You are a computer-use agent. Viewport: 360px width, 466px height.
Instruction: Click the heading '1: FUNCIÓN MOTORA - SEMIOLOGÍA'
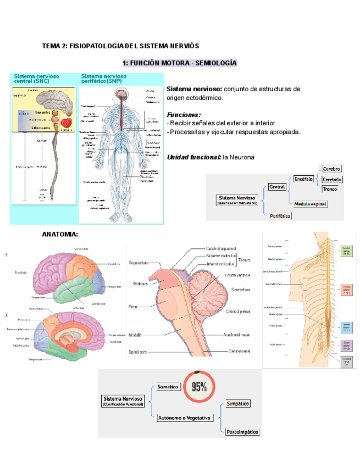[179, 63]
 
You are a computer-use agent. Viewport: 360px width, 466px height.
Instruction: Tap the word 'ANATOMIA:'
[60, 235]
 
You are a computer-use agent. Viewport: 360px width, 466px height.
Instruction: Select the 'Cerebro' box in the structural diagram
[331, 169]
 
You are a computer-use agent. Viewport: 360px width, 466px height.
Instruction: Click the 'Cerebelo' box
[332, 179]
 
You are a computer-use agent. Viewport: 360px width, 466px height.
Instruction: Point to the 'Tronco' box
[330, 189]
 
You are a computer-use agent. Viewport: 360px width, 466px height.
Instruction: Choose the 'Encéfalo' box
[303, 179]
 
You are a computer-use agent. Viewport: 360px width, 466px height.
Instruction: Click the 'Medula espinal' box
[310, 204]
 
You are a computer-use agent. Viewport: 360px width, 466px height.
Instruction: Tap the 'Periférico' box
[280, 216]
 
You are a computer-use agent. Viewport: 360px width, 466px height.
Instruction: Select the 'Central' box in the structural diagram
[278, 187]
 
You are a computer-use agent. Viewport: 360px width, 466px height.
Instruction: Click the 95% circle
[198, 387]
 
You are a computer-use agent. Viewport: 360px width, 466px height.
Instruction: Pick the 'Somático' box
[168, 387]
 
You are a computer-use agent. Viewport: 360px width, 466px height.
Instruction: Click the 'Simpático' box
[238, 404]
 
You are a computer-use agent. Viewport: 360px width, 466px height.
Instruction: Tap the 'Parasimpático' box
[242, 432]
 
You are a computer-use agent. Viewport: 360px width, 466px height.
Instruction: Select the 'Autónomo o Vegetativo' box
[184, 418]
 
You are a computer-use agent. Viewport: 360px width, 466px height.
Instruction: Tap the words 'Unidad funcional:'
[193, 158]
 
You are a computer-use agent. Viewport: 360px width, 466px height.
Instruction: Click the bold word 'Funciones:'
[184, 115]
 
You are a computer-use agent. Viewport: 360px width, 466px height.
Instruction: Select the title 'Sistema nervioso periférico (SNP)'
[104, 79]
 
